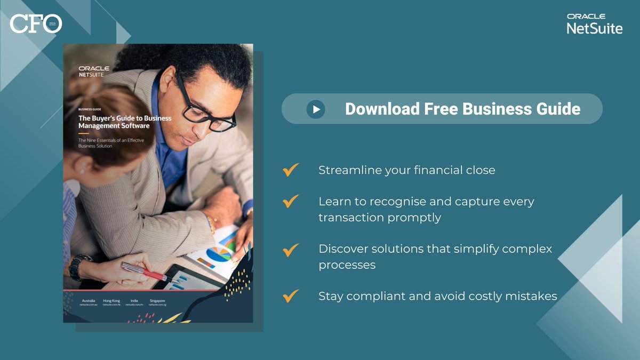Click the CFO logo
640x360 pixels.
(x=36, y=23)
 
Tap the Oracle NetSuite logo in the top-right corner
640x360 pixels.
(x=594, y=25)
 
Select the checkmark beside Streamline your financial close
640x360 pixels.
(x=291, y=170)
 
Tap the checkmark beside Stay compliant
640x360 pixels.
(x=291, y=295)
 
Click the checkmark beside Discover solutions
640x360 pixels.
(x=291, y=250)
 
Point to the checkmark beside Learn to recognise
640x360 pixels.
(x=291, y=202)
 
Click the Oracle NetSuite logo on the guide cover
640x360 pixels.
(x=94, y=71)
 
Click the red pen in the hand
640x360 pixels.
(x=144, y=271)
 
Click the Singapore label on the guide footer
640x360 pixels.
(x=157, y=301)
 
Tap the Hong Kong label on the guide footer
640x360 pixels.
(x=111, y=301)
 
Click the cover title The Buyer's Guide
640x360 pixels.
(x=125, y=122)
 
